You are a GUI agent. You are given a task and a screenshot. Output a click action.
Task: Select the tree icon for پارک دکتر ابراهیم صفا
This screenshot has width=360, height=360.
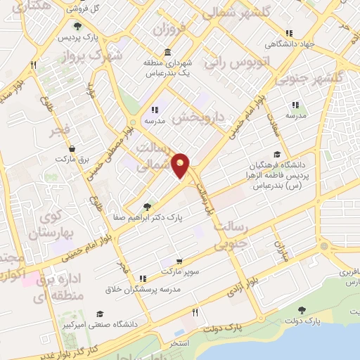click(146, 207)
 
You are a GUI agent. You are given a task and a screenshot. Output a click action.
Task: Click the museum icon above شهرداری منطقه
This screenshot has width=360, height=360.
click(167, 52)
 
